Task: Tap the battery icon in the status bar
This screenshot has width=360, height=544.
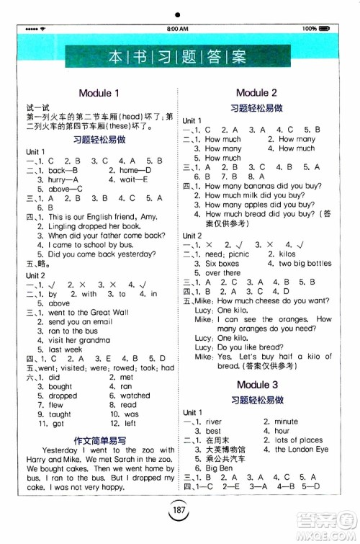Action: [x=325, y=28]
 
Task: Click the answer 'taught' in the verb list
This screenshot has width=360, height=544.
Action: [x=60, y=414]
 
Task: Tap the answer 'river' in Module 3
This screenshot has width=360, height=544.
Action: [x=213, y=422]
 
